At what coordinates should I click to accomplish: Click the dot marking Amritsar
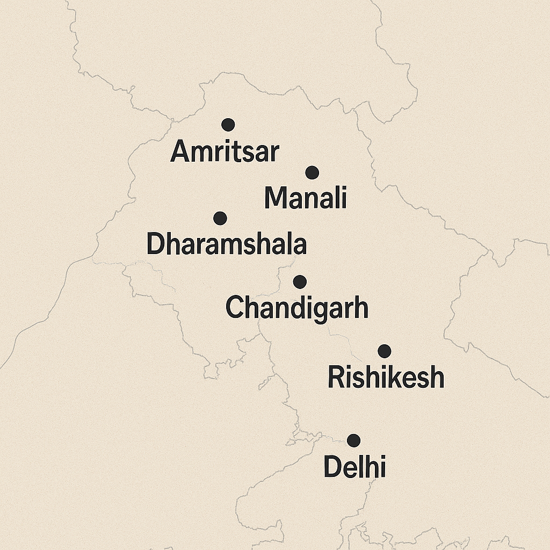pos(228,125)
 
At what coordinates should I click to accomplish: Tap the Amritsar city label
pos(225,152)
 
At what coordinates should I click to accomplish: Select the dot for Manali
pos(312,172)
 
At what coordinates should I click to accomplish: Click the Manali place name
pos(305,198)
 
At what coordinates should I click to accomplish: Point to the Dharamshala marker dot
pos(220,218)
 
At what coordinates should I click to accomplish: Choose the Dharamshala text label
pos(226,244)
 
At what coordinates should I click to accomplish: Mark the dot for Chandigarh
pos(300,281)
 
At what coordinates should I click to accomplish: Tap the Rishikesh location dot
pos(384,351)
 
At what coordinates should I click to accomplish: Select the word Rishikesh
pos(386,378)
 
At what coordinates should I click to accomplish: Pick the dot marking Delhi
pos(353,440)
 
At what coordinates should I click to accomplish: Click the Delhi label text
pos(354,467)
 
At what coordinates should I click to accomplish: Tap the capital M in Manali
pos(276,198)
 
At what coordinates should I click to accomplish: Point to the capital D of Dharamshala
pos(155,244)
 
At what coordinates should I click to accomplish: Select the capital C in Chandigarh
pos(235,308)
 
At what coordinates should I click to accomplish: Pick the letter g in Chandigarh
pos(319,311)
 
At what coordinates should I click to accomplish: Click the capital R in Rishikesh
pos(336,378)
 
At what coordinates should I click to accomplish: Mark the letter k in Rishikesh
pos(398,377)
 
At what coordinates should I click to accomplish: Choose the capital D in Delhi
pos(332,467)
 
